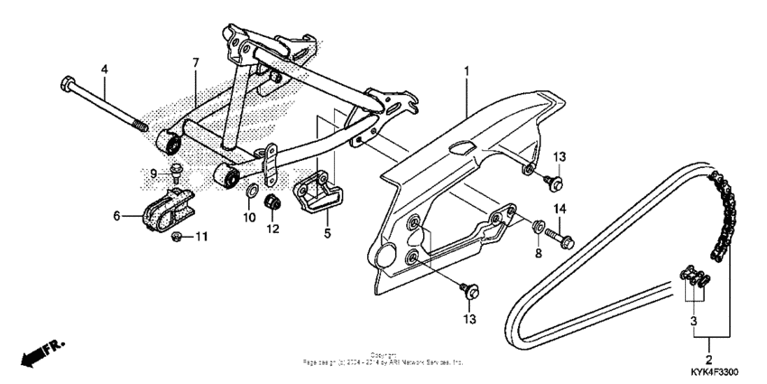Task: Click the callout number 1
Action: [x=467, y=70]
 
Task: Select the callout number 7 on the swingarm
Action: [x=193, y=62]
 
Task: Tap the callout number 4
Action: [x=104, y=69]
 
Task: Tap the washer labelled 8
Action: [x=537, y=226]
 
